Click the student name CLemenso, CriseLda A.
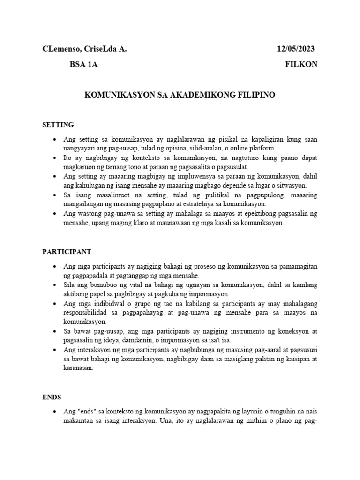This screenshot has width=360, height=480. (x=84, y=49)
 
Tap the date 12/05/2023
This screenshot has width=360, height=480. (x=295, y=49)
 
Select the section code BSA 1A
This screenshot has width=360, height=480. (x=83, y=65)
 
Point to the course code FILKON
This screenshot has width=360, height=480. (x=301, y=65)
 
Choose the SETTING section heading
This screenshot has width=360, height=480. (x=58, y=125)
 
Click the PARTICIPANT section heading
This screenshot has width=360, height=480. (x=67, y=252)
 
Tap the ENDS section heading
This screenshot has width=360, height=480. (x=52, y=397)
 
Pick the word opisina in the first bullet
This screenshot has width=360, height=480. (x=179, y=148)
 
